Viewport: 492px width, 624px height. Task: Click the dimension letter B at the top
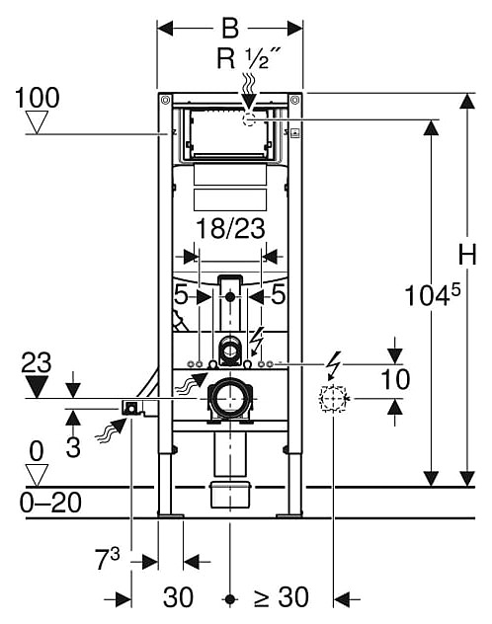point(230,29)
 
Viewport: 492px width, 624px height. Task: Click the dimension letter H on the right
point(467,255)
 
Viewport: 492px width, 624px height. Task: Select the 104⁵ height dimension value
point(432,295)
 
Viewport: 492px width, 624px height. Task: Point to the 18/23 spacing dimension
point(230,229)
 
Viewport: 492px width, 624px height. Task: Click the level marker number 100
point(37,98)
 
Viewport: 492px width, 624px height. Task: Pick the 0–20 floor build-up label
point(50,503)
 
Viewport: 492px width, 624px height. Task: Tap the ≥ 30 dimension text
point(282,597)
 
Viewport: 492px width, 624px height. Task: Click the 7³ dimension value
point(107,559)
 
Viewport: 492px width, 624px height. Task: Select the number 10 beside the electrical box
point(395,379)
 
